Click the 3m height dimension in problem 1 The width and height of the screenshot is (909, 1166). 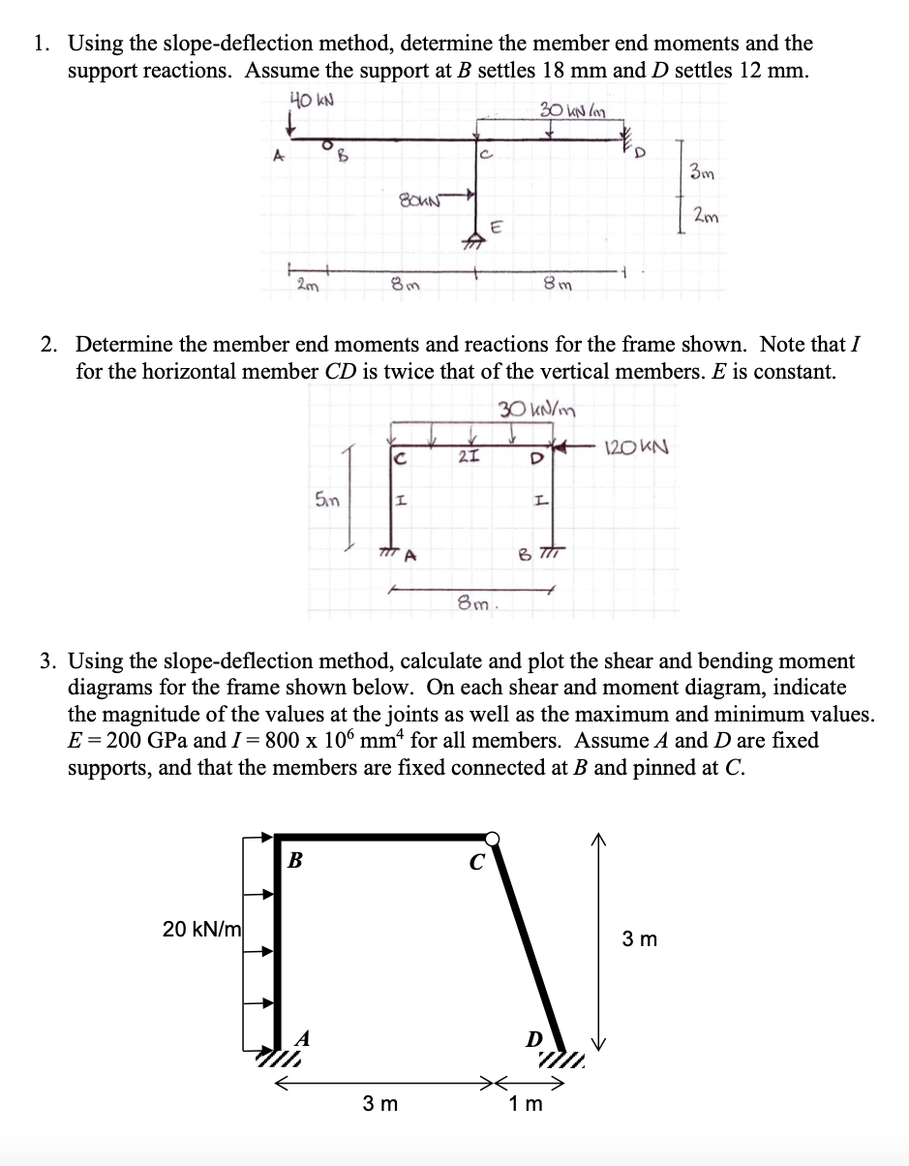702,172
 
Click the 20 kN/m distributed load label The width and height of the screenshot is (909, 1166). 201,929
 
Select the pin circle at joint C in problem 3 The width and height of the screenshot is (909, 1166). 493,838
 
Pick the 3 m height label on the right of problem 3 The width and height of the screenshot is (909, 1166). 640,938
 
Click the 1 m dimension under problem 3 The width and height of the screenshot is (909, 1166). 526,1103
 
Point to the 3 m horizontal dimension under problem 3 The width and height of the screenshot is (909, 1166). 379,1103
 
